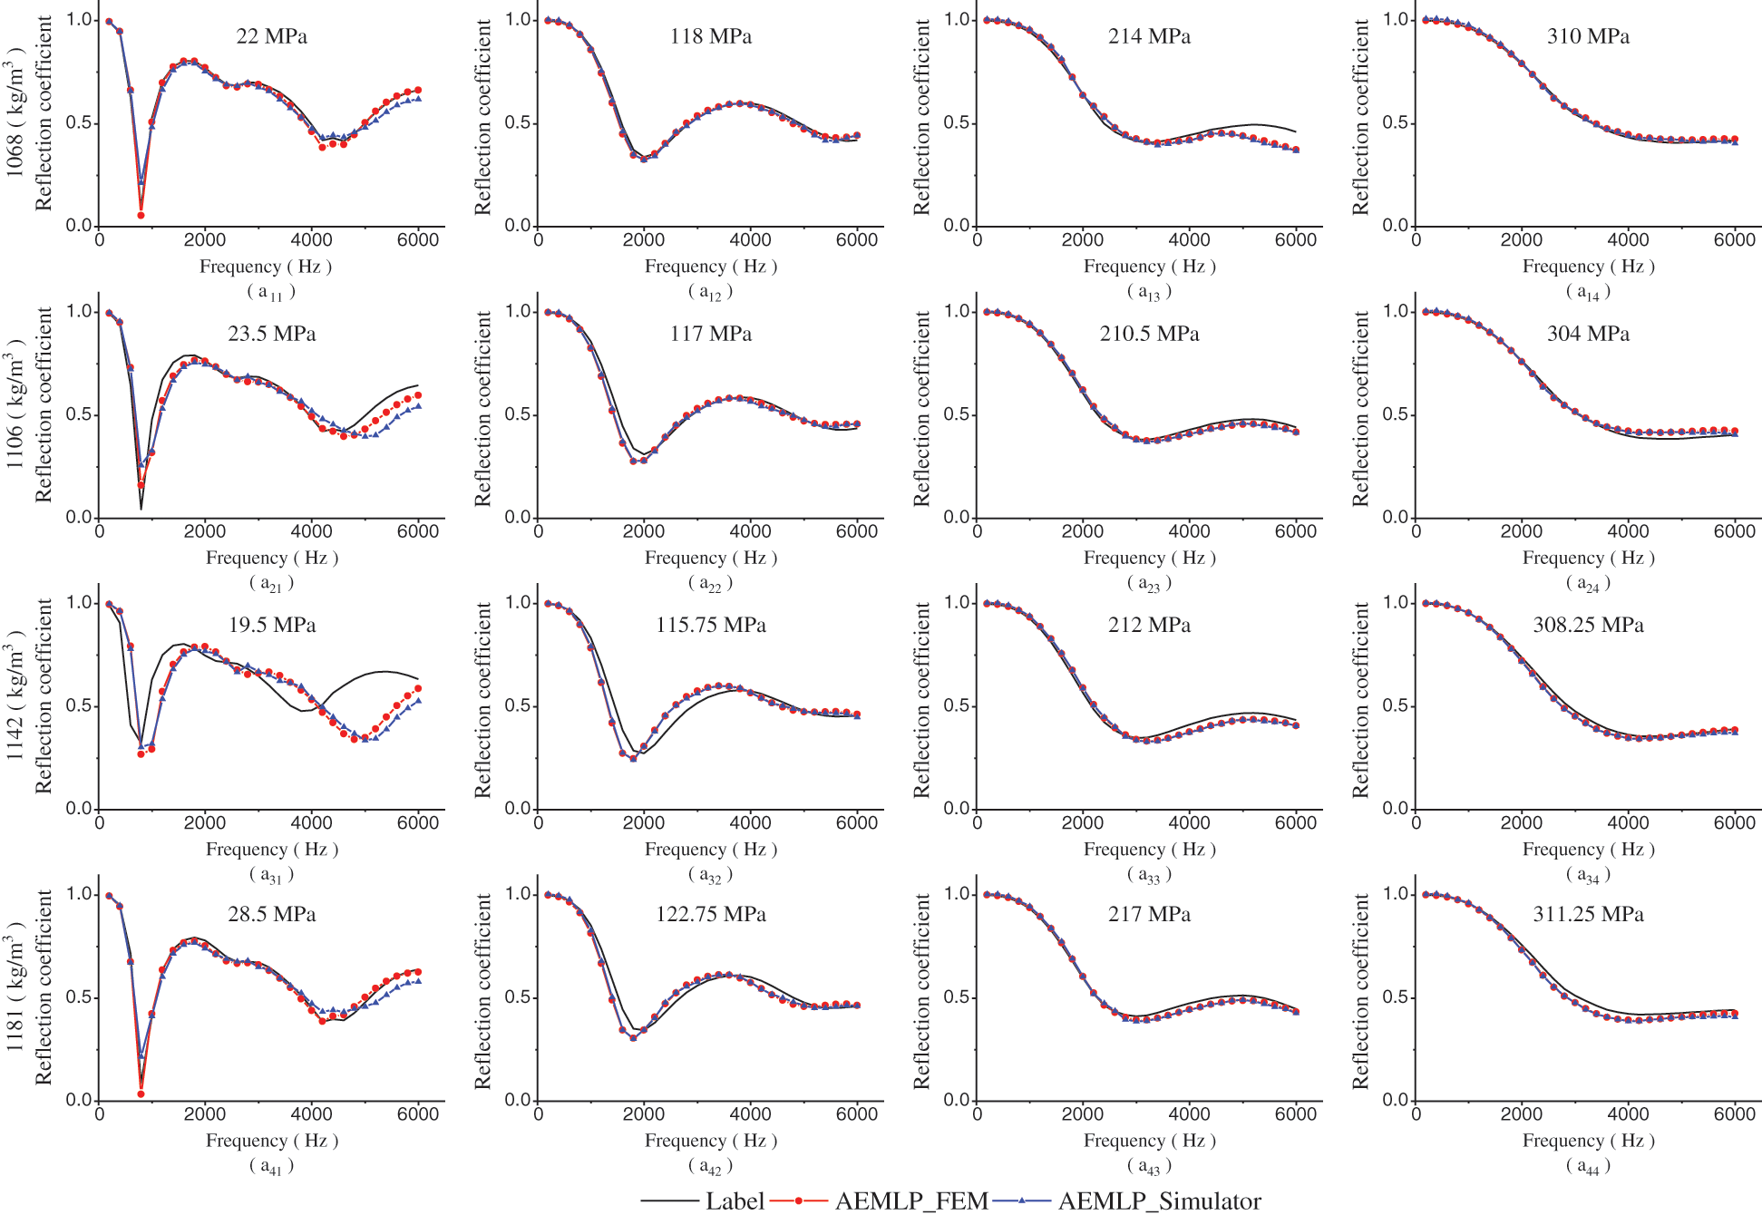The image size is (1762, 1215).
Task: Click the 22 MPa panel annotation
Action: coord(271,36)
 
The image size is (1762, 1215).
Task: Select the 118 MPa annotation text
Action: coord(710,36)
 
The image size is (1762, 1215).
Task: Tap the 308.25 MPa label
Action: coord(1588,625)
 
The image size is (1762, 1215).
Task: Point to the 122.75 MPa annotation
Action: coord(710,914)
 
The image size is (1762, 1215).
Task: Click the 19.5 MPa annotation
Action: coord(271,625)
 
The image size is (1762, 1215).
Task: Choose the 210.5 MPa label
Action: coord(1149,334)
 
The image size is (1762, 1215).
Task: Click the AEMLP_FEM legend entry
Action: coord(910,1200)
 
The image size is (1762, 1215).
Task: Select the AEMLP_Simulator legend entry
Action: coord(1159,1200)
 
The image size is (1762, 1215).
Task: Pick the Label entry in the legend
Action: coord(735,1200)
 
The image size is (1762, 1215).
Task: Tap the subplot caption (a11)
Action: coord(271,292)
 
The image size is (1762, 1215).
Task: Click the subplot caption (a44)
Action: coord(1588,1166)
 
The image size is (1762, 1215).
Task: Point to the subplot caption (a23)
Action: coord(1149,584)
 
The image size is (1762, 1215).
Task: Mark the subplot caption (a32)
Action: coord(710,875)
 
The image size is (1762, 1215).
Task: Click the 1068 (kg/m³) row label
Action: coord(15,113)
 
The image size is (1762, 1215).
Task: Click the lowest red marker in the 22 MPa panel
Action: coord(141,215)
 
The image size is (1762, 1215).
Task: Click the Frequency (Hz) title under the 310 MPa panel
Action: coord(1588,267)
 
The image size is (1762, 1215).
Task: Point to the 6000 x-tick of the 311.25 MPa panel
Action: coord(1734,1114)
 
